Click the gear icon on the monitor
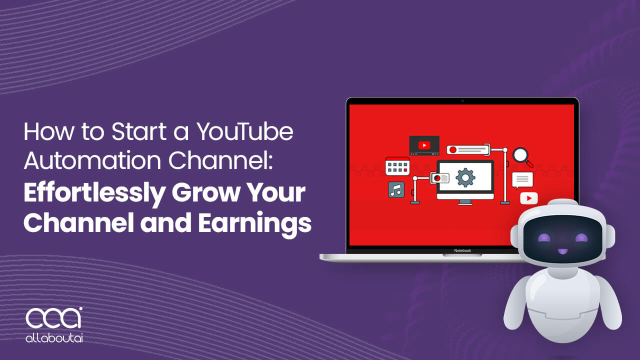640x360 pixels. [465, 177]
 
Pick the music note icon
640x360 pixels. [396, 189]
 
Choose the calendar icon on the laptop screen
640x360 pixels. [397, 166]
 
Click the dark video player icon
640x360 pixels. [424, 145]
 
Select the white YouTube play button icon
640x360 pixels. [528, 198]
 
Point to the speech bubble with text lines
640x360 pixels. [522, 179]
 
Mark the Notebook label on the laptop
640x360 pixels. [462, 250]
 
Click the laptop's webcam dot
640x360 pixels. [462, 101]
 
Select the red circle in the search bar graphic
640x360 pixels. [453, 149]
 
